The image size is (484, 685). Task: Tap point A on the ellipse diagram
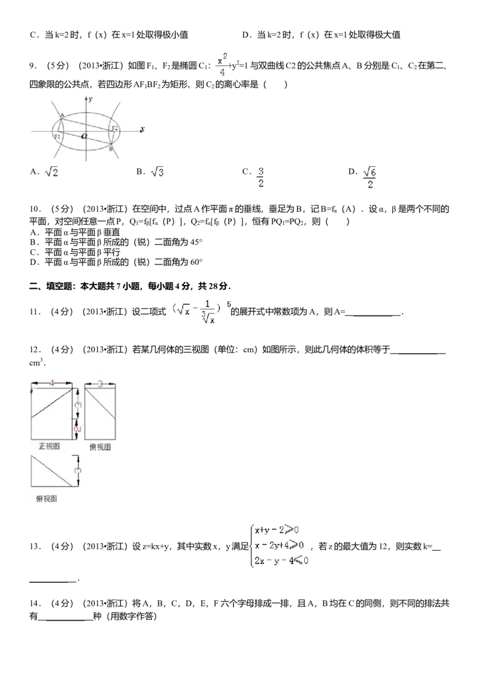(62, 115)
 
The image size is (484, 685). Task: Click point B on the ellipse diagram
(111, 149)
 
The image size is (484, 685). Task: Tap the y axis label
(90, 99)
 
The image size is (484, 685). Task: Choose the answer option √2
(52, 173)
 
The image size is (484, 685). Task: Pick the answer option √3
(158, 173)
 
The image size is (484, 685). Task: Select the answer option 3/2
(261, 178)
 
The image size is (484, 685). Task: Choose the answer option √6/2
(369, 178)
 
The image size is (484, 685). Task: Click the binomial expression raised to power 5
(198, 309)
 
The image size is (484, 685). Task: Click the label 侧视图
(100, 447)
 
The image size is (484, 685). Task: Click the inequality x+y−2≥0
(277, 531)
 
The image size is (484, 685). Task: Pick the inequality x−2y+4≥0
(280, 545)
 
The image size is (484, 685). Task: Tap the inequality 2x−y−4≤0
(282, 560)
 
